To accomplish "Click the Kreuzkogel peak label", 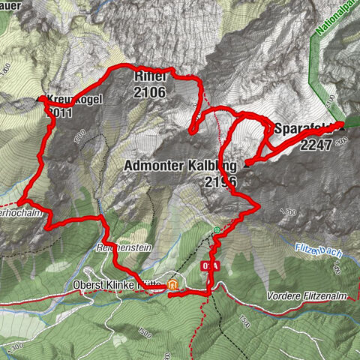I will click(75, 100).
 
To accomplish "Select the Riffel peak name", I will click(149, 76).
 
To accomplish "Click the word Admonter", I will click(155, 166).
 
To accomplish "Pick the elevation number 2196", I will click(219, 181).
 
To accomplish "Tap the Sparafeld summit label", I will click(304, 127).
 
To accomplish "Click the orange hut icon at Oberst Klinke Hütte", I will click(173, 285).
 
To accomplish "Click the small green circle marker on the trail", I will click(217, 229).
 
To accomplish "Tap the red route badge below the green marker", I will click(210, 265).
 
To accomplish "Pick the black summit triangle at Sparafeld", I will click(343, 123).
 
